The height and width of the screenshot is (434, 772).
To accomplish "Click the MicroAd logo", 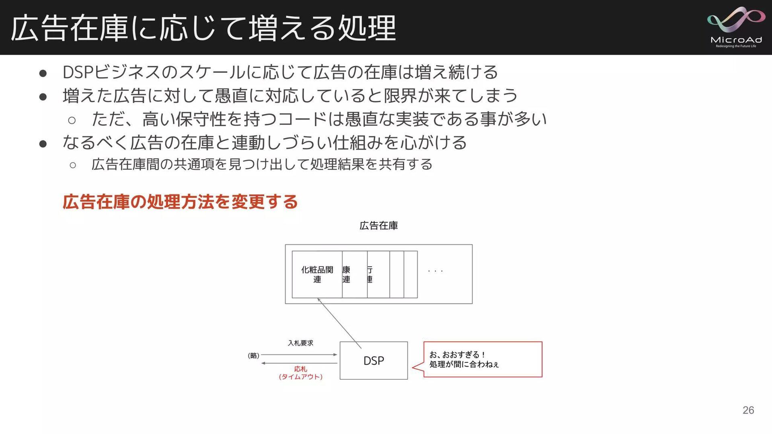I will click(736, 27).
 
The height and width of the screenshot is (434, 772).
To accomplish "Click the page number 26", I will click(748, 410).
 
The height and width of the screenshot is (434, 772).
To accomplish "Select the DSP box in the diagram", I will click(374, 360).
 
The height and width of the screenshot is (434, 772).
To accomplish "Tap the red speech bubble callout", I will click(482, 359).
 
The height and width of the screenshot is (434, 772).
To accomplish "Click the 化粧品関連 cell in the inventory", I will click(317, 274).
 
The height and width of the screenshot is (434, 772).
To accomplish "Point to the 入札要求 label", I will click(300, 343).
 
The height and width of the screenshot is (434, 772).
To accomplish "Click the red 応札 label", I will click(300, 368).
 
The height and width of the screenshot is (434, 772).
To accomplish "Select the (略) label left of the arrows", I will click(253, 355).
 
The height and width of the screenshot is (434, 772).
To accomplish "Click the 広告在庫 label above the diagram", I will click(378, 225).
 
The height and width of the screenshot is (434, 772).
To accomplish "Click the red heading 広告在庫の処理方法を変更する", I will click(180, 202).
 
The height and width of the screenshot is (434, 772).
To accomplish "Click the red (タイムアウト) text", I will click(300, 377).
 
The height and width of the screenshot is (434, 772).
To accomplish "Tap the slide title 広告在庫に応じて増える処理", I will click(203, 28).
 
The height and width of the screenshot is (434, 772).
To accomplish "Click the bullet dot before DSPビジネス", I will click(43, 73).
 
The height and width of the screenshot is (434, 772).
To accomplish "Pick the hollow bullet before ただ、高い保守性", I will click(72, 120).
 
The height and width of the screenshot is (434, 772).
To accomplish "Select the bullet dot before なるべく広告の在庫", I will click(43, 143).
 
